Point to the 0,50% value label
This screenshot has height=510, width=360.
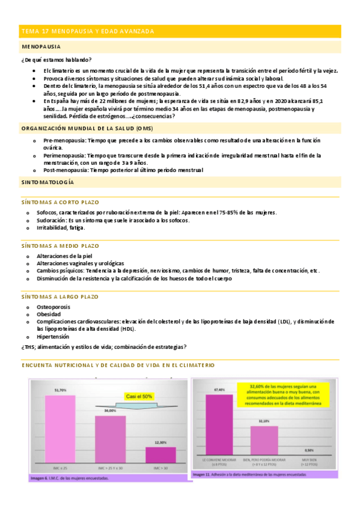[x=309, y=450]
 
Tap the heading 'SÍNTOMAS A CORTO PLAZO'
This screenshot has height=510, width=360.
[x=60, y=202]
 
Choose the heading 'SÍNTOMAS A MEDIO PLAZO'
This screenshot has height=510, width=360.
[x=60, y=246]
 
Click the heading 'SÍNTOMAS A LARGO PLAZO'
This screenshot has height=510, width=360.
[x=59, y=297]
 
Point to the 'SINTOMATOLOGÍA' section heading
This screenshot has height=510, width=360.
[x=47, y=181]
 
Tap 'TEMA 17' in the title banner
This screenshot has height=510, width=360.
[x=33, y=31]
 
